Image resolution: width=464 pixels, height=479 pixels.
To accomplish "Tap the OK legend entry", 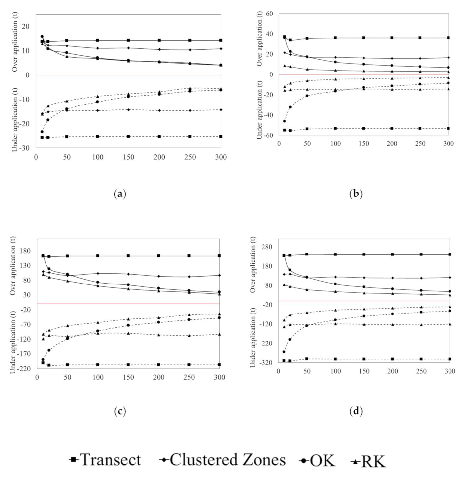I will (x=318, y=460).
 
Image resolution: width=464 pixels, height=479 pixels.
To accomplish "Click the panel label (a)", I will (x=120, y=194).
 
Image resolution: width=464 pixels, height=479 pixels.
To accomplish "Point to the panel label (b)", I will (x=356, y=194).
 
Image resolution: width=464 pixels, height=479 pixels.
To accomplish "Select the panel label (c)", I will (x=120, y=411).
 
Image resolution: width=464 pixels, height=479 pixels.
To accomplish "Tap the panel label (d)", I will (x=356, y=411).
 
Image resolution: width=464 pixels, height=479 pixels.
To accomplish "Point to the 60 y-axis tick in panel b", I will (x=270, y=14).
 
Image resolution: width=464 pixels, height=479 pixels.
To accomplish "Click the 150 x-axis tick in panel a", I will (x=128, y=157).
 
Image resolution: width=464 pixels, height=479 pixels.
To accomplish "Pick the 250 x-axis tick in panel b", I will (x=420, y=144).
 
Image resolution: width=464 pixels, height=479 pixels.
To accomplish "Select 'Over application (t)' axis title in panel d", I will (x=253, y=264).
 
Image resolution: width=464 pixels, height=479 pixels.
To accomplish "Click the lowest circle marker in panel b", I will (x=284, y=121).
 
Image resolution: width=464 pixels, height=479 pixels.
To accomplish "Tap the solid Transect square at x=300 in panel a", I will (x=221, y=40).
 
